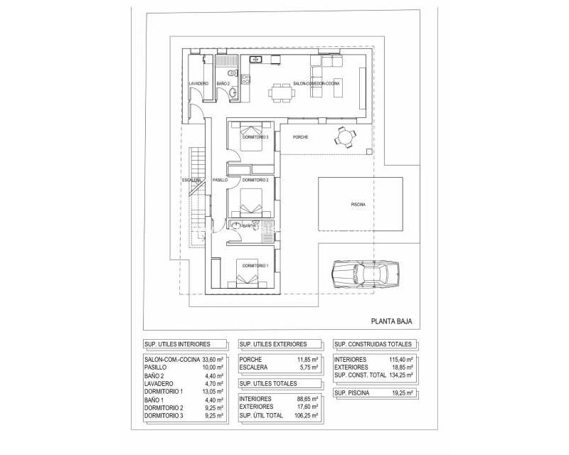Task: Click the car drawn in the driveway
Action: point(365,273)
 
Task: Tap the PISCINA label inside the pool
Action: point(358,205)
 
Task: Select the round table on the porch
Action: point(345,136)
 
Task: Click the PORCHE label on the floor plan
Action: point(300,136)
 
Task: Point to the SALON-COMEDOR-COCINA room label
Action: point(316,84)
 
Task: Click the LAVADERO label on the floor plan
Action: point(198,84)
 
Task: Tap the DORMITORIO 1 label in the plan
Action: point(254,266)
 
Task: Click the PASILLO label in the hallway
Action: point(220,181)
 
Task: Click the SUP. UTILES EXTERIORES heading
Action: point(274,343)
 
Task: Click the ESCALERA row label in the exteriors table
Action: point(254,367)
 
